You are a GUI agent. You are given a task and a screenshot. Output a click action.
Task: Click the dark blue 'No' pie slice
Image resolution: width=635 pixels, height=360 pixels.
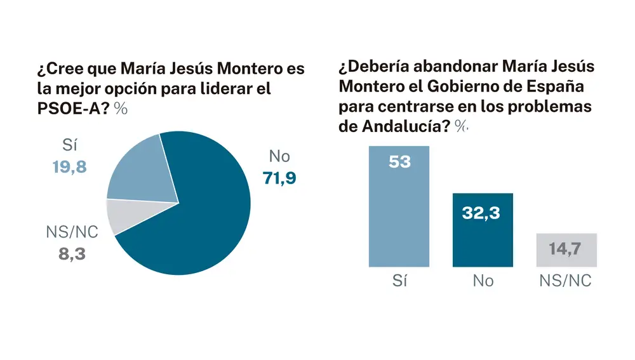tap(203, 216)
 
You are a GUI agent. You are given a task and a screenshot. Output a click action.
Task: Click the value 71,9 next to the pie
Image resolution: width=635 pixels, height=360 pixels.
tap(279, 178)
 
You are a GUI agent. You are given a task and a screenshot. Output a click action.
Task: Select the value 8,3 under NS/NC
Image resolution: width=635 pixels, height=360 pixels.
tap(71, 254)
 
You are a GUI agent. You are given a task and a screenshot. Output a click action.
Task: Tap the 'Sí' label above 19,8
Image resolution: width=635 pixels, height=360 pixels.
tap(69, 145)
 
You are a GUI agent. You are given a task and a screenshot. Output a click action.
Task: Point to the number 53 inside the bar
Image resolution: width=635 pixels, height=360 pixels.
tap(399, 161)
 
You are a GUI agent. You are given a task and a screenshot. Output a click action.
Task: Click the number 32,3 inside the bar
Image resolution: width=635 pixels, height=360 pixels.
tap(483, 213)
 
